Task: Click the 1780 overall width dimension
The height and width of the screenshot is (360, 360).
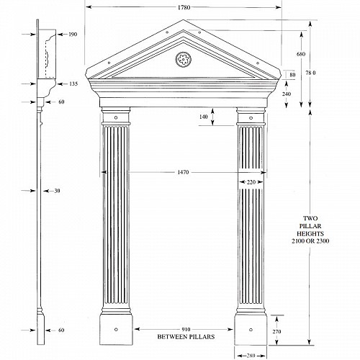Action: point(184,7)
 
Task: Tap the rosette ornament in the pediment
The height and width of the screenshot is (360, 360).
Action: point(184,59)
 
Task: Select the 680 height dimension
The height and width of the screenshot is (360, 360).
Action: point(301,54)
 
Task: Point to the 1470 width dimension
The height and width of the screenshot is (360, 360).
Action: point(183,172)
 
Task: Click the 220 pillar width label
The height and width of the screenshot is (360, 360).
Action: point(251,182)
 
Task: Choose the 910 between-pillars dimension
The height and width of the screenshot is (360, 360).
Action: point(186,330)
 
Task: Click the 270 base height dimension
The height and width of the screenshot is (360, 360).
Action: point(276,332)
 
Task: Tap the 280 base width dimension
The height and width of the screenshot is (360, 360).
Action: point(251,356)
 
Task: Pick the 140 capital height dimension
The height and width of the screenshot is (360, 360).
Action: point(204,117)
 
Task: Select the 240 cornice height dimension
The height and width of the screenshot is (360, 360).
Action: point(287,94)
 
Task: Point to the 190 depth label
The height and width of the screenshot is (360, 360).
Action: point(73,35)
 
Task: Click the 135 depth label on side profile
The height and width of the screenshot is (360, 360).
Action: point(73,84)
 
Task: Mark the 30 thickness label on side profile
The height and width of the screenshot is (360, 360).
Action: point(57,191)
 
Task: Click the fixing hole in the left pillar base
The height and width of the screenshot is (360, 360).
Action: point(116,330)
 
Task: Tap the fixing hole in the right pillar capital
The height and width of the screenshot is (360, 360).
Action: point(251,118)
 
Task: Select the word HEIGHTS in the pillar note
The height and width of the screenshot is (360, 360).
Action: point(310,233)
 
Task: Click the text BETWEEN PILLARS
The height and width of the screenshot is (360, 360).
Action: point(186,337)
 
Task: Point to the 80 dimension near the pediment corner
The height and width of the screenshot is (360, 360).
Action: point(292,75)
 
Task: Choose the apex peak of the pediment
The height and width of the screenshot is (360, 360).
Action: point(184,20)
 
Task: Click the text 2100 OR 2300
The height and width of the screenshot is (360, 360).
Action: point(310,241)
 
